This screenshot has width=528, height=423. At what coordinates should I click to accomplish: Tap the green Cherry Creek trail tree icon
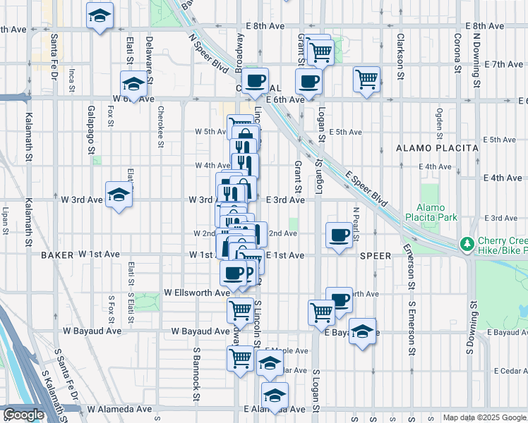point(466,244)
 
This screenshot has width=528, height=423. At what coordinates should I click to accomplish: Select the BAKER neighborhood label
point(57,254)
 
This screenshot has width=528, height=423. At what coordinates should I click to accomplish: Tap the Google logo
point(24,415)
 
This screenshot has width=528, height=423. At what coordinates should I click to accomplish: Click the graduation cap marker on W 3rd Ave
point(119,196)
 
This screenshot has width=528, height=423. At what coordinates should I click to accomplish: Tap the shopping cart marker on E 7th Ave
point(366,79)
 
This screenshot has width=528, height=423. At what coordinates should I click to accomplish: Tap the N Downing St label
point(476,54)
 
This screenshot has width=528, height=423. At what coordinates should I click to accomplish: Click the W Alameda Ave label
point(119,409)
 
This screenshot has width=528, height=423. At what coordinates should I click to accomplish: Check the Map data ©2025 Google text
point(484,417)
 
